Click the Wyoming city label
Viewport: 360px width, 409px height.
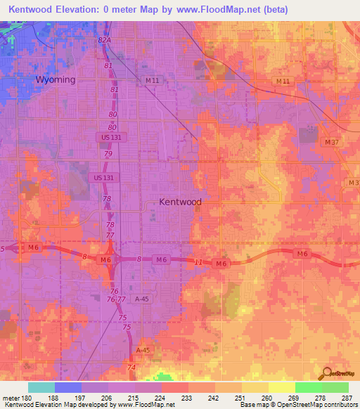[x=56, y=79]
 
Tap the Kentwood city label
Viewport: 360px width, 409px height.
[x=180, y=202]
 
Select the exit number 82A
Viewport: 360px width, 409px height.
[x=105, y=41]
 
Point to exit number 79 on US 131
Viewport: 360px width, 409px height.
[x=108, y=153]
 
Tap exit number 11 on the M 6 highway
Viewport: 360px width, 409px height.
[x=199, y=261]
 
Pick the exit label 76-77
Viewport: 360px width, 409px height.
[x=116, y=299]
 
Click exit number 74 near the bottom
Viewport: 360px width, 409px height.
[x=131, y=368]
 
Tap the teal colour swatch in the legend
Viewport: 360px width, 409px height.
[x=41, y=387]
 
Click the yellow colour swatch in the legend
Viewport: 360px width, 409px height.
[x=281, y=387]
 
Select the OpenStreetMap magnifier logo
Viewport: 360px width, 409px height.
[x=326, y=374]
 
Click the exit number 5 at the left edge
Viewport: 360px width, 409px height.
[x=3, y=249]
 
